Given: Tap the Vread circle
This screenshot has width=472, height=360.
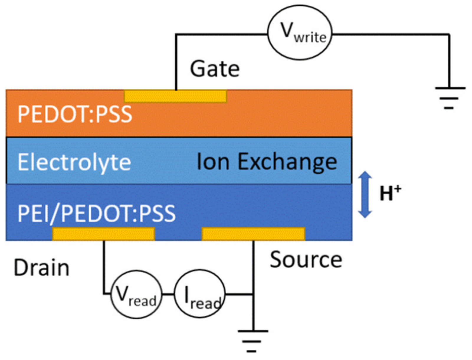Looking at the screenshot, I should pos(136,294).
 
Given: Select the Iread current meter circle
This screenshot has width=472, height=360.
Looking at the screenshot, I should pos(199,294).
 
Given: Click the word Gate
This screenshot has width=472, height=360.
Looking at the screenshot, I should pos(214,69).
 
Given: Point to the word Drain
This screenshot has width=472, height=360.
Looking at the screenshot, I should pos(42,268).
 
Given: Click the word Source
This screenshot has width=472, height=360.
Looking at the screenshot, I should pos(306,260).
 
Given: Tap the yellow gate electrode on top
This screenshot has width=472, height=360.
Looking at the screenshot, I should pos(175,96).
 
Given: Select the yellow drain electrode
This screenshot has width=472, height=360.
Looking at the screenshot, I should pos(103,234).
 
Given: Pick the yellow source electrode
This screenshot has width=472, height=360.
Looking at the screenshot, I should pos(253,234).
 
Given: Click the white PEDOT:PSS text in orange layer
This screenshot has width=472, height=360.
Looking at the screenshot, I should pos(75,114).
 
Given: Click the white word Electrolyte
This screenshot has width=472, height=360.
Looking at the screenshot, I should pos(74,162).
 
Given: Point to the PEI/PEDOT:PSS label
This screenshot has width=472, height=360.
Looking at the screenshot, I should pos(96,213).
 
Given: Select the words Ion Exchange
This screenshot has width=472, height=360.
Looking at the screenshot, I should pos(266,162).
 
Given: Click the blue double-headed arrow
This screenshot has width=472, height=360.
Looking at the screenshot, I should pos(365,194).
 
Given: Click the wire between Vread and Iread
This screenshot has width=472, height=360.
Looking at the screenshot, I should pos(168,294).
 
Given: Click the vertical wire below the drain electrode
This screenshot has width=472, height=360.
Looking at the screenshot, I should pos(104,266).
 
